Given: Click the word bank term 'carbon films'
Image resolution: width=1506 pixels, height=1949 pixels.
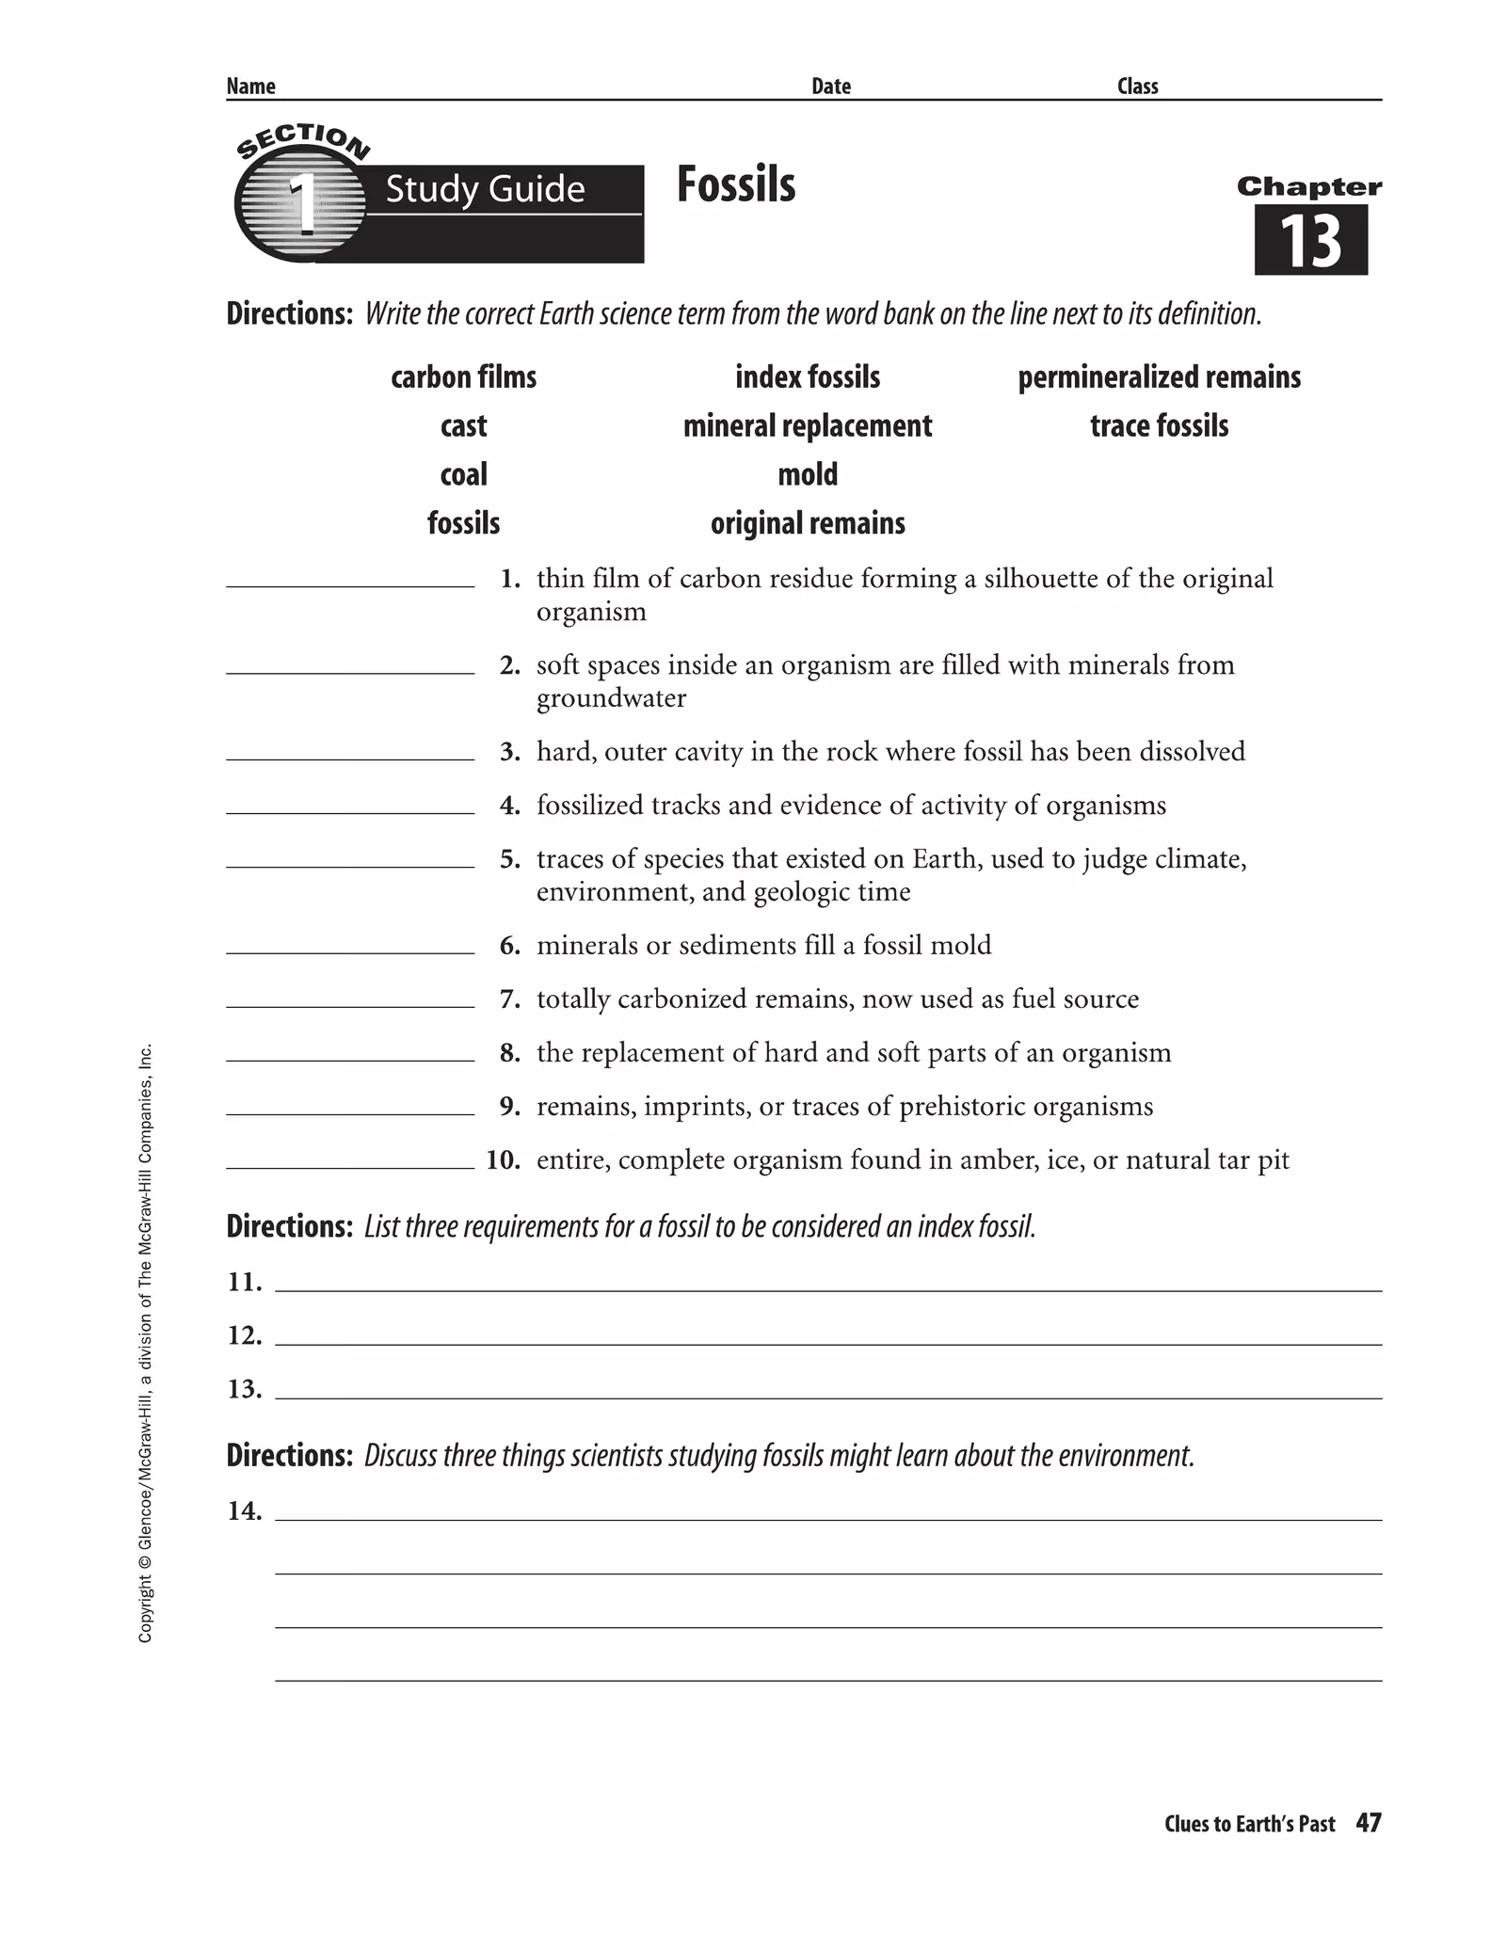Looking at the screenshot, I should (463, 377).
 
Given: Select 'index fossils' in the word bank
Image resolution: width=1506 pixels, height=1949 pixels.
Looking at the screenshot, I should (808, 377).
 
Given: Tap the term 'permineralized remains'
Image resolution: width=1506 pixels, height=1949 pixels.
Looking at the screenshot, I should (1159, 377).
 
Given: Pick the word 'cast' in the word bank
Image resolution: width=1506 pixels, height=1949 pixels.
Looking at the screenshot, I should (463, 426).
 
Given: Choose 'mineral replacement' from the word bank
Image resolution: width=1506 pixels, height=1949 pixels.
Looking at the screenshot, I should (808, 426).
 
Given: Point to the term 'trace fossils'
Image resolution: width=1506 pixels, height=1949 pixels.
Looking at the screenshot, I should (1159, 426).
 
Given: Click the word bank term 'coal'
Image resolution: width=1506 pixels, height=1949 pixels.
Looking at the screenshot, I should (463, 474).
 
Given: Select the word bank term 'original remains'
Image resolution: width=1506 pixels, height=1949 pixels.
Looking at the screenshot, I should (808, 523).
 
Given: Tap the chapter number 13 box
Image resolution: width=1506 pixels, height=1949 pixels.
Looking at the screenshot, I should (1310, 241).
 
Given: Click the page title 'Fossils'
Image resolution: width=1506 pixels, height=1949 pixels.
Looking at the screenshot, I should (736, 184).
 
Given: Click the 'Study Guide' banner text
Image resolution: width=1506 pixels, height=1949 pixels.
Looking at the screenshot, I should (485, 189).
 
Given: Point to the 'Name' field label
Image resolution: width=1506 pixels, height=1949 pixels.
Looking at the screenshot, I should (250, 87).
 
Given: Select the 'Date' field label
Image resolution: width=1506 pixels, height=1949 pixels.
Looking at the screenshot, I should (831, 87).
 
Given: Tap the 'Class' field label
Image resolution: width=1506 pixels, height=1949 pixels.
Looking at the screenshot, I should (1137, 87).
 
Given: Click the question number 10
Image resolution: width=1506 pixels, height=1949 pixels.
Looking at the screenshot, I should (504, 1159).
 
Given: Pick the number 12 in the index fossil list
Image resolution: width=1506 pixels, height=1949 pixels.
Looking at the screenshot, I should (244, 1335).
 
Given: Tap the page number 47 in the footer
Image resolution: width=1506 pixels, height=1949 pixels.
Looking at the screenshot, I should (1369, 1823).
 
